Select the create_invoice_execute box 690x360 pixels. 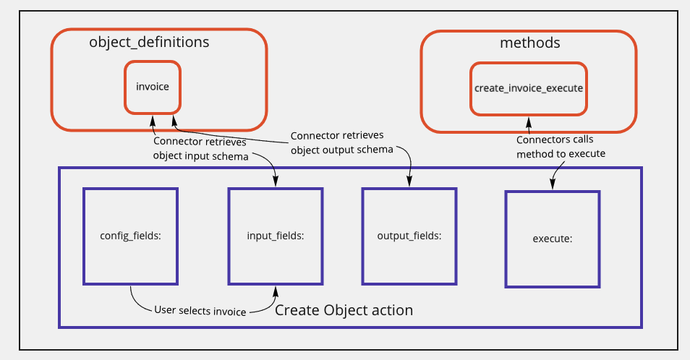[528, 87]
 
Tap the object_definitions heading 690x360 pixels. [149, 42]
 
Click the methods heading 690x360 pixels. [529, 43]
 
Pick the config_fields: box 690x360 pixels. [130, 236]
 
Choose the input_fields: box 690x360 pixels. [275, 236]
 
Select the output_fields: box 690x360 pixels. [409, 236]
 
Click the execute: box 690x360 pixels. [553, 236]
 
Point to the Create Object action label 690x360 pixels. [344, 310]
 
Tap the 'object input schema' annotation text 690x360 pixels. [200, 156]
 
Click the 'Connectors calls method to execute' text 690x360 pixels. [561, 147]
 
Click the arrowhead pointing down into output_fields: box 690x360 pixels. [410, 184]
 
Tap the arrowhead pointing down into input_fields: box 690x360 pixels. [275, 184]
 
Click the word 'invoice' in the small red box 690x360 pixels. [152, 87]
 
